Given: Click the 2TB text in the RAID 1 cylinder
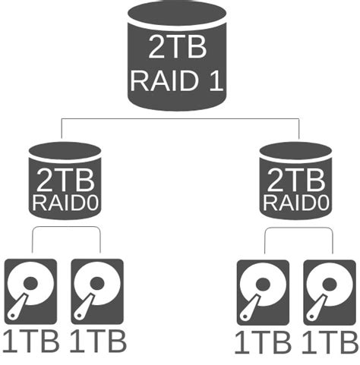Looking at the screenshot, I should click(x=177, y=47).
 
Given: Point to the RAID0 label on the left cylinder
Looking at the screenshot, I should click(x=65, y=203).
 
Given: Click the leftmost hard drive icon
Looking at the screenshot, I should click(x=30, y=291).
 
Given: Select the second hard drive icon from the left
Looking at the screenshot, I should click(x=96, y=291).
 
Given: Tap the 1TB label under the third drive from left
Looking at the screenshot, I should click(x=262, y=342).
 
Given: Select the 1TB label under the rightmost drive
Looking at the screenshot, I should click(x=328, y=342).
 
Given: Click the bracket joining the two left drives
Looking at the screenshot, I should click(x=66, y=226).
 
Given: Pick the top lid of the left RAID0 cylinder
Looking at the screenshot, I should click(x=65, y=149).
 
